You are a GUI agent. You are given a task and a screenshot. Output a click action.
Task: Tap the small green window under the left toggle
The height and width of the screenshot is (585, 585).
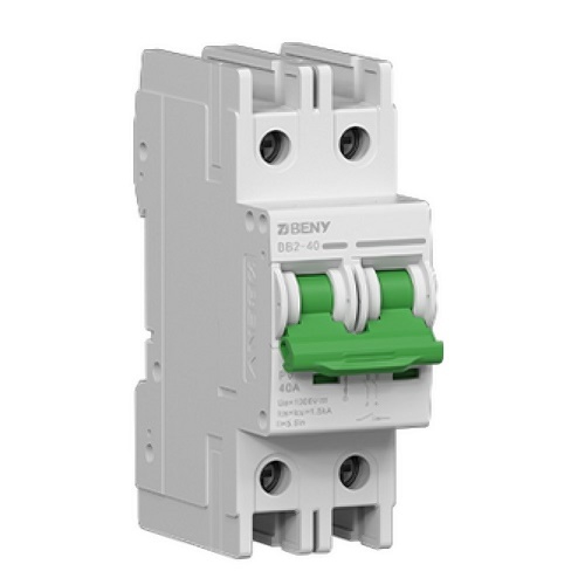[x=325, y=378]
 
